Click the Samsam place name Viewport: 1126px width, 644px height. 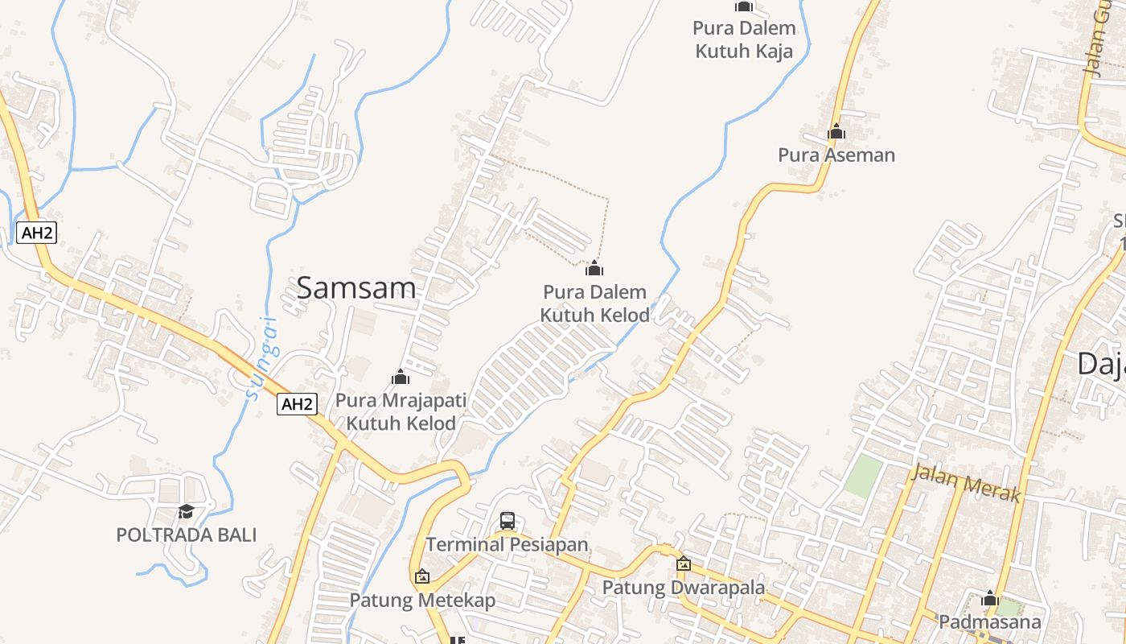point(356,287)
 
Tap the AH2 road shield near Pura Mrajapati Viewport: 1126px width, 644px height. point(297,404)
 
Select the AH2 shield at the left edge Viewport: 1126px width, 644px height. point(37,233)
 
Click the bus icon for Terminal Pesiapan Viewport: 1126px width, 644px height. point(508,521)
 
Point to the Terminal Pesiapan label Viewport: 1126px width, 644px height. point(508,545)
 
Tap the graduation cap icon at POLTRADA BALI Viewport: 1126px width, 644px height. point(186,512)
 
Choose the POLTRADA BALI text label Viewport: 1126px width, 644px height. point(186,535)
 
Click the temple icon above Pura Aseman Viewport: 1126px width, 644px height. point(836,131)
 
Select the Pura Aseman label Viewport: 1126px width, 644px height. point(836,155)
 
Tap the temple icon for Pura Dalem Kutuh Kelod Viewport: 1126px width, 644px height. point(594,268)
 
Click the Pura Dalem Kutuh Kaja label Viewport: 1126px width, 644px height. point(744,39)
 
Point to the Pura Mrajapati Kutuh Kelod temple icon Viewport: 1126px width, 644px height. point(401,377)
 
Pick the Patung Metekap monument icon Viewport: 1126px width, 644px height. point(422,576)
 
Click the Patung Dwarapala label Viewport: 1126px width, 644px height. point(684,588)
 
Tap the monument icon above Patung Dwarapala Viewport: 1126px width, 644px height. point(684,564)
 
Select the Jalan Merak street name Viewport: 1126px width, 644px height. point(965,483)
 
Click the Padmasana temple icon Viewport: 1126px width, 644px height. point(990,599)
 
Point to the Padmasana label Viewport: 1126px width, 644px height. point(990,622)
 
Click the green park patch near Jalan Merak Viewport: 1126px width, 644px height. point(862,475)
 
